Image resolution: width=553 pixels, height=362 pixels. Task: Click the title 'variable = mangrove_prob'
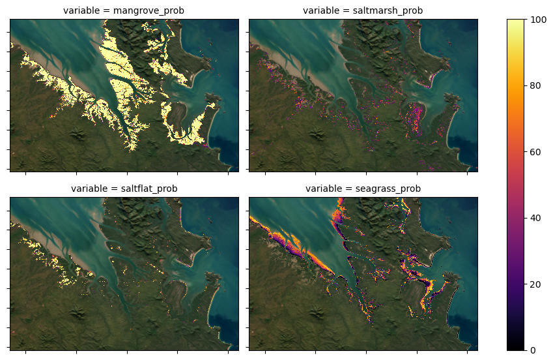[x=124, y=11]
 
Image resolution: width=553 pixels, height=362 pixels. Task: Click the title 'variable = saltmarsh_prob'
[x=363, y=11]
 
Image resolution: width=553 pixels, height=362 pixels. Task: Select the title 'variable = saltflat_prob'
[x=124, y=189]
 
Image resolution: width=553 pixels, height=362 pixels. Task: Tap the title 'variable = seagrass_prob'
[x=363, y=189]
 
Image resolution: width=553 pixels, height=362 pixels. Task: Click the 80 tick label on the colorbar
[x=537, y=85]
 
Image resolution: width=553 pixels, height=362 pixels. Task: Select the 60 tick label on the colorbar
[x=537, y=152]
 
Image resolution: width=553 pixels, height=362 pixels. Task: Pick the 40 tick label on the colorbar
[x=537, y=218]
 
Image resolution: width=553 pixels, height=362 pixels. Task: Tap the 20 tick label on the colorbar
[x=537, y=284]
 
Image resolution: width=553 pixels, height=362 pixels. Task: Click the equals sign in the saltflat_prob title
[x=107, y=189]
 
